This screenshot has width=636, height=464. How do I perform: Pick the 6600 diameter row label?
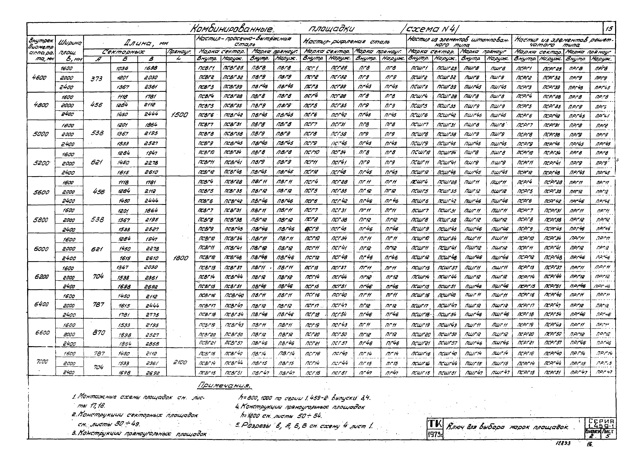coord(42,333)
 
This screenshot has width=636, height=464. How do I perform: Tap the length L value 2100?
coord(180,362)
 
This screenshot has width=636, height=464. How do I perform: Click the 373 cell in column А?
coord(97,79)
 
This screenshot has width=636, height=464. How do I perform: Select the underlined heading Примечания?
coord(224,385)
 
